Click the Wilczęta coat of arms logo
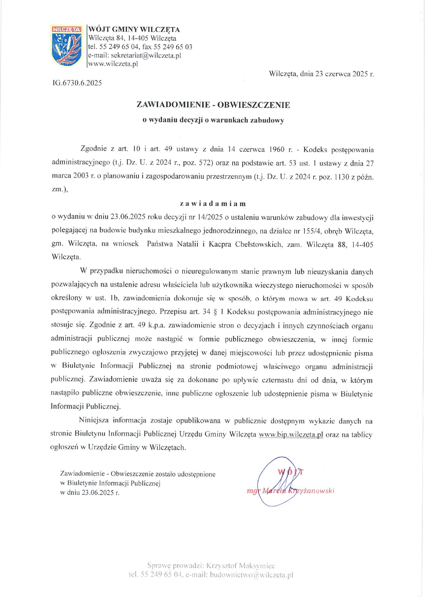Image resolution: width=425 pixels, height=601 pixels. [67, 45]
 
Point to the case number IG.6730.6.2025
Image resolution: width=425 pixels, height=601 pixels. [77, 83]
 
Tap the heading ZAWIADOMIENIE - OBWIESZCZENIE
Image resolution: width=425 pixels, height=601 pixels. [213, 105]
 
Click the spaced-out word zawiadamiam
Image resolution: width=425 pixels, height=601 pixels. [213, 204]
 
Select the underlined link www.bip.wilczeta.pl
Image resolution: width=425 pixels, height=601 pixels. [291, 434]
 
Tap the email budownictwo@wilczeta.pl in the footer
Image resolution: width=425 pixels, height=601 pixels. [252, 575]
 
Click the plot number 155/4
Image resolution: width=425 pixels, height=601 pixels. [312, 231]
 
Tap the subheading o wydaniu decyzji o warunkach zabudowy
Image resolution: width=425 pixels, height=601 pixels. [213, 120]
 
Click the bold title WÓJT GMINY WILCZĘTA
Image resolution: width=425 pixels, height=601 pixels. [134, 30]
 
